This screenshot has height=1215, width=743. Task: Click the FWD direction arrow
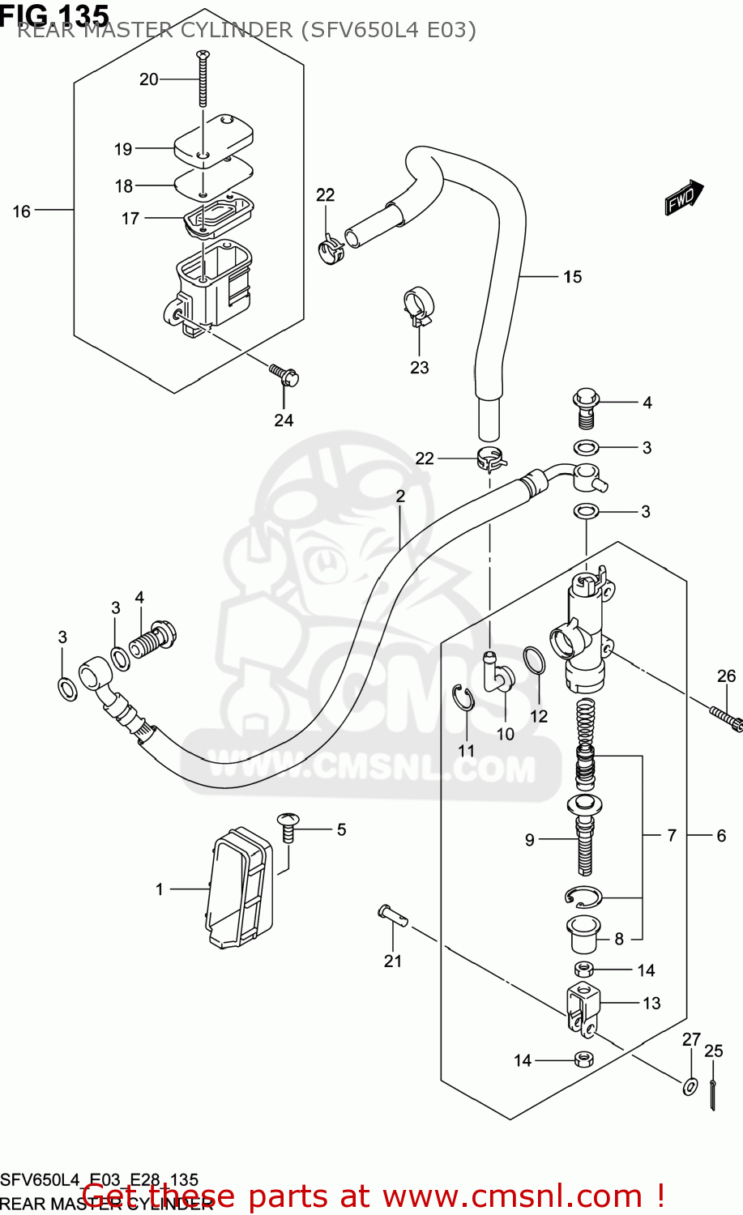pyautogui.click(x=684, y=197)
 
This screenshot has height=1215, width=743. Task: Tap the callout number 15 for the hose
pyautogui.click(x=572, y=277)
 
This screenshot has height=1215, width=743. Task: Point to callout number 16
pyautogui.click(x=22, y=211)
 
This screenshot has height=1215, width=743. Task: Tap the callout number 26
pyautogui.click(x=726, y=676)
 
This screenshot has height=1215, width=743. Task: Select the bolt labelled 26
pyautogui.click(x=726, y=716)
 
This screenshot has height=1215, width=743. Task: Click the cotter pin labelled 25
pyautogui.click(x=712, y=1095)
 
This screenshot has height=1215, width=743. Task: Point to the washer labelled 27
pyautogui.click(x=690, y=1085)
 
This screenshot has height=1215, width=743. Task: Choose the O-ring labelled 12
pyautogui.click(x=534, y=661)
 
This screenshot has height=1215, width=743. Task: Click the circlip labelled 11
pyautogui.click(x=463, y=699)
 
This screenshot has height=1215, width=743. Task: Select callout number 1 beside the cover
pyautogui.click(x=160, y=889)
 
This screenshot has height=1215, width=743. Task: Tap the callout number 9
pyautogui.click(x=530, y=840)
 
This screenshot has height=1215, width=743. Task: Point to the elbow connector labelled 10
pyautogui.click(x=497, y=673)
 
